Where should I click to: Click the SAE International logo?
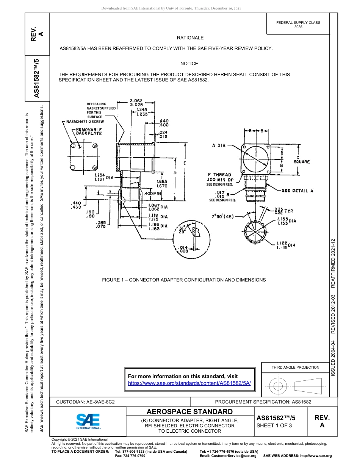click(88, 421)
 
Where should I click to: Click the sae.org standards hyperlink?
click(189, 383)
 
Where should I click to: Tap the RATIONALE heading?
click(190, 38)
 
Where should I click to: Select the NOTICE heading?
click(189, 64)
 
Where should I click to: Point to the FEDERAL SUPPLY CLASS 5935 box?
click(298, 25)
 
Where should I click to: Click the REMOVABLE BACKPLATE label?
click(86, 131)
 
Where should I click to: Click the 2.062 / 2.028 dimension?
click(136, 102)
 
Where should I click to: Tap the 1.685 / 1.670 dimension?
click(162, 184)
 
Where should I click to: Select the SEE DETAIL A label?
click(297, 191)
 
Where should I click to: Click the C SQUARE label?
click(302, 160)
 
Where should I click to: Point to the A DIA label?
click(219, 145)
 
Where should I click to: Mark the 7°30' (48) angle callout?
click(223, 217)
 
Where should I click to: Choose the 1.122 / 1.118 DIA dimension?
click(286, 245)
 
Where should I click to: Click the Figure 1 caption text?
click(184, 280)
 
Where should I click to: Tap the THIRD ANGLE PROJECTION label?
click(295, 367)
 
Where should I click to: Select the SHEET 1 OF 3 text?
click(274, 425)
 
